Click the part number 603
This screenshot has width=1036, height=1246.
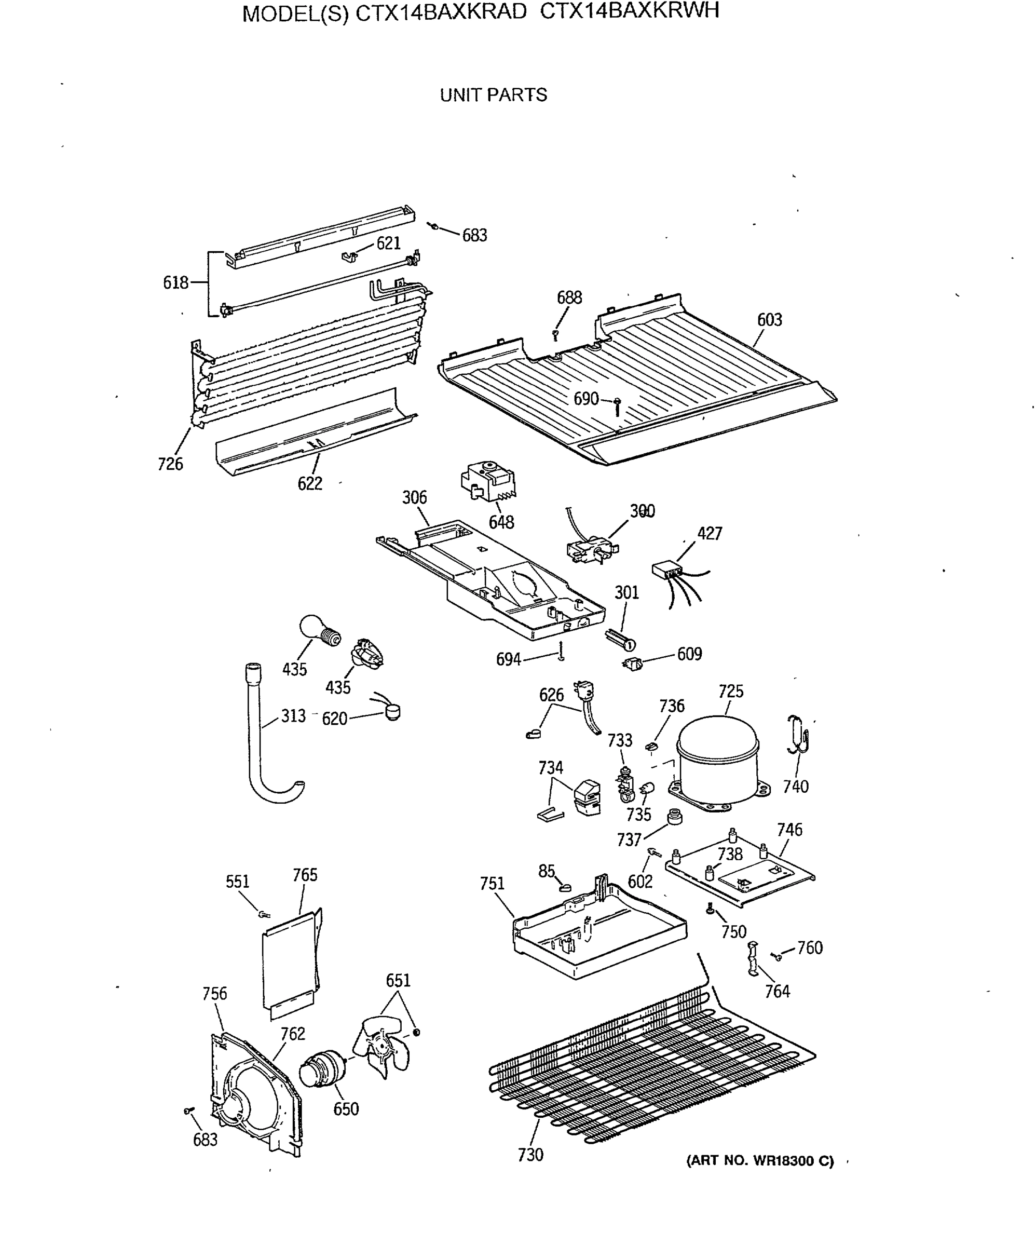(769, 320)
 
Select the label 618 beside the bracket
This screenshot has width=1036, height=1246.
(175, 282)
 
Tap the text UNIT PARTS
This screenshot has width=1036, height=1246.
(493, 95)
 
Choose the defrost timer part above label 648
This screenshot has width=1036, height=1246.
(488, 481)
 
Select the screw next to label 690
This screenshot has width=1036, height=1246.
(617, 407)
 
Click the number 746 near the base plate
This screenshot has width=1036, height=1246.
(789, 830)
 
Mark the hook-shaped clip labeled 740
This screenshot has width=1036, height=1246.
(799, 736)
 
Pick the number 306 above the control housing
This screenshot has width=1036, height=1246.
(414, 497)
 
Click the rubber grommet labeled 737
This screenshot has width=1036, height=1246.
(675, 817)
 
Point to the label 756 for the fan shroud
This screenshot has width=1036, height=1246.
(214, 993)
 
